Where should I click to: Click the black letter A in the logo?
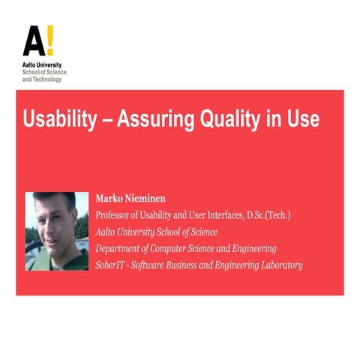pyautogui.click(x=32, y=43)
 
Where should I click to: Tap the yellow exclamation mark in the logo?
pyautogui.click(x=49, y=42)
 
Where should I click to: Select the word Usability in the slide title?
pyautogui.click(x=61, y=120)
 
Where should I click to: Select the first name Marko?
pyautogui.click(x=110, y=199)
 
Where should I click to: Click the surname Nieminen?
pyautogui.click(x=151, y=199)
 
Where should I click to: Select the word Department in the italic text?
pyautogui.click(x=124, y=248)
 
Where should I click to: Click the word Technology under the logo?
pyautogui.click(x=47, y=79)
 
